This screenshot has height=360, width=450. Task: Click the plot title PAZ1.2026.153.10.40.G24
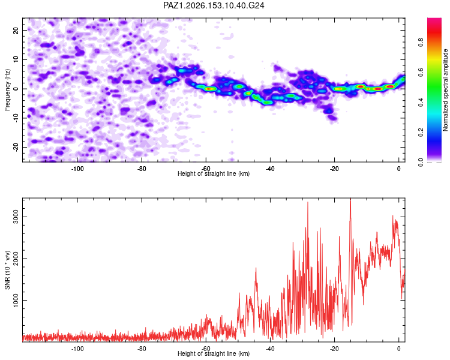click(x=214, y=5)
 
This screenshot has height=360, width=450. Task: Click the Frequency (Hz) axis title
click(x=7, y=90)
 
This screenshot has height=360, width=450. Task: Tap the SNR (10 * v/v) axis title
click(x=7, y=270)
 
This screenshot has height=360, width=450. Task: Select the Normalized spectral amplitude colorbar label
click(x=445, y=90)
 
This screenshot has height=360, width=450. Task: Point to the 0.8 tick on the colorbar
click(x=421, y=43)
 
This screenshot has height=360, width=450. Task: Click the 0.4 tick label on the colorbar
click(x=421, y=102)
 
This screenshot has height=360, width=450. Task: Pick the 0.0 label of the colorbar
click(x=421, y=162)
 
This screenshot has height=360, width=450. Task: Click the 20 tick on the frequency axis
click(x=16, y=30)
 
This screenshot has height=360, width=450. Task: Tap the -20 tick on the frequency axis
click(x=16, y=147)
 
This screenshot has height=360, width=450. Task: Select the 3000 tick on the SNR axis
click(x=16, y=217)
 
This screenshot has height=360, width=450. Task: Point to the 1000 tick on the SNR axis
click(x=16, y=300)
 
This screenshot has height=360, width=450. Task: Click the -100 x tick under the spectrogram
click(x=77, y=169)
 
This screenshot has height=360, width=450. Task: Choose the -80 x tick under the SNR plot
click(x=142, y=349)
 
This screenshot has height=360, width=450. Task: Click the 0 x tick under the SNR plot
click(x=398, y=349)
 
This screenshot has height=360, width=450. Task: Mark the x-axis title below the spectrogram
click(x=214, y=173)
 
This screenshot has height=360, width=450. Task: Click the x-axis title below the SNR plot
click(x=214, y=353)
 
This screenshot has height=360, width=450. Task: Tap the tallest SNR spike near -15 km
click(x=350, y=199)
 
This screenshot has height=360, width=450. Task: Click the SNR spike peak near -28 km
click(x=308, y=202)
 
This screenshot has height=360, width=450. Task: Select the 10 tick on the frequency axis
click(x=16, y=59)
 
